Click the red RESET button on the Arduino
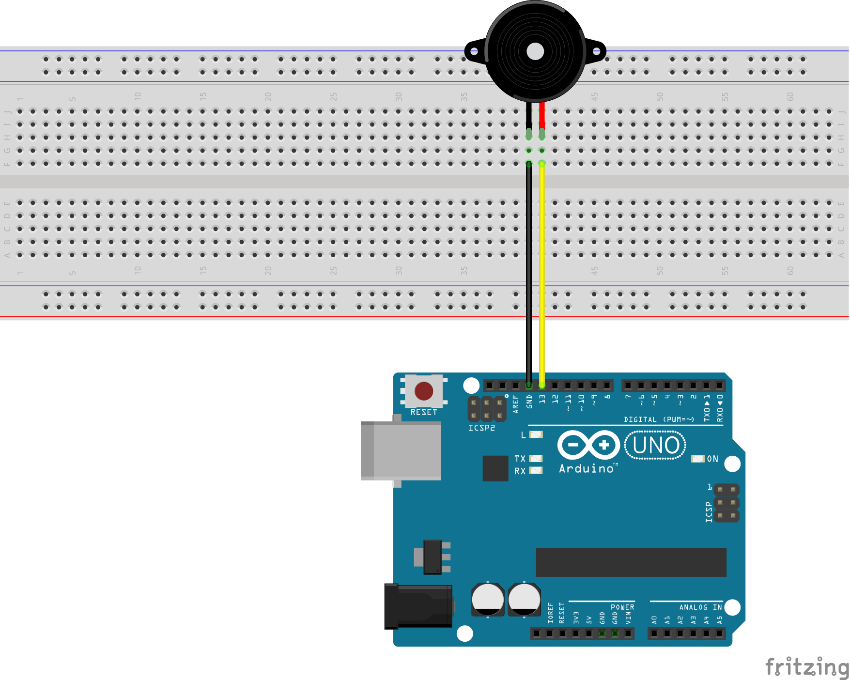coord(423,391)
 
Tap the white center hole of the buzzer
coord(535,51)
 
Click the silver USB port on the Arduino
coord(401,450)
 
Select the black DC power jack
coord(418,606)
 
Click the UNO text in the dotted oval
coord(655,445)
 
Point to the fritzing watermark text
coord(806,667)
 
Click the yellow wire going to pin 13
coord(542,271)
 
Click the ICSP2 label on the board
coord(481,428)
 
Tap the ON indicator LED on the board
coord(697,459)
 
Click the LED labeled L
coord(536,434)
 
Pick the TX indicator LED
coord(536,458)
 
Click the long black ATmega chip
coord(631,562)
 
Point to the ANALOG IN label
coord(700,607)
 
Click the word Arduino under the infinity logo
coord(587,468)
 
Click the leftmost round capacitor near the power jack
coord(487,600)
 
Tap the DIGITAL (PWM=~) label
coord(659,419)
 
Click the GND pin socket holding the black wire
coord(529,386)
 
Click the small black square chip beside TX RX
coord(495,468)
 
